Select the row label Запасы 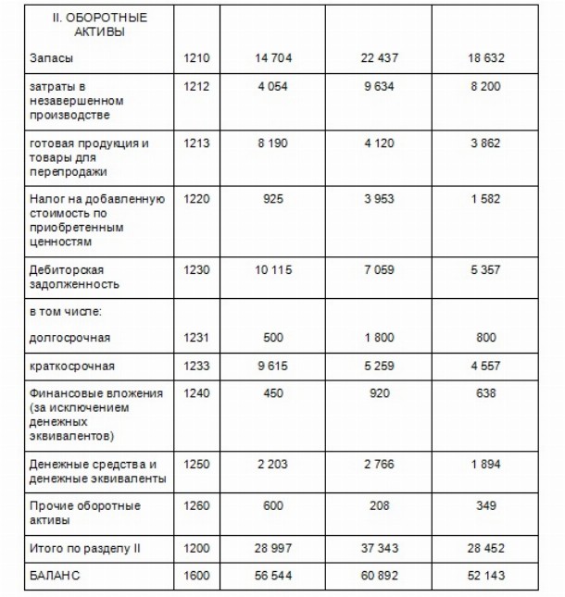[49, 57]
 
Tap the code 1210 [197, 57]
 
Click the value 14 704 [272, 57]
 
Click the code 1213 [197, 144]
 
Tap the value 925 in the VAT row [272, 200]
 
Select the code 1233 [197, 366]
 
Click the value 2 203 [272, 464]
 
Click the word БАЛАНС [54, 577]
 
